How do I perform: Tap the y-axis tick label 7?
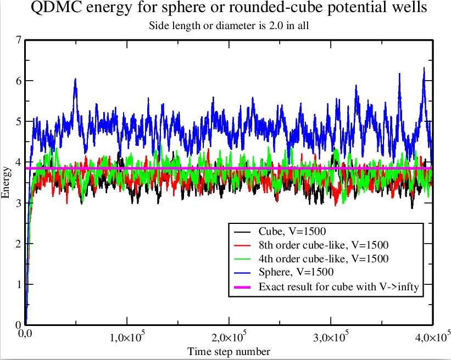[19, 40]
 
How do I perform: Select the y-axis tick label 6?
[19, 81]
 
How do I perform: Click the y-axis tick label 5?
[19, 121]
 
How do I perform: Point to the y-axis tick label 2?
[19, 244]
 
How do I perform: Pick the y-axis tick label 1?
[19, 284]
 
